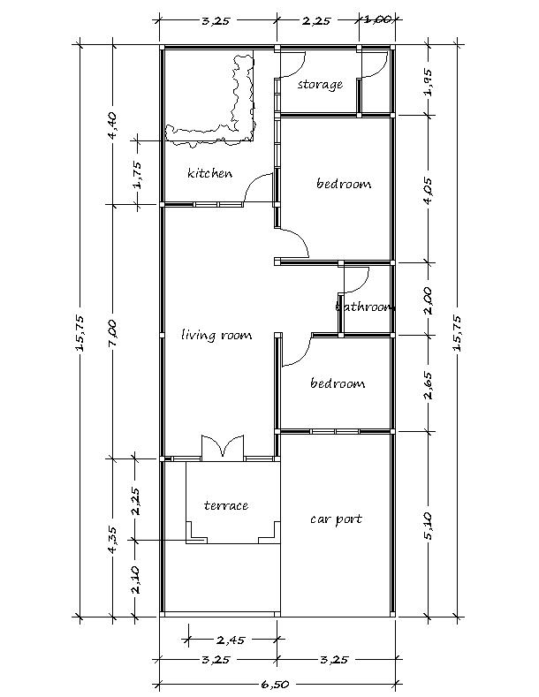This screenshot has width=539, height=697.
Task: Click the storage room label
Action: [320, 84]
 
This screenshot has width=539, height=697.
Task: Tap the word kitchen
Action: [210, 172]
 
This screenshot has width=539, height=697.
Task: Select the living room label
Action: [216, 335]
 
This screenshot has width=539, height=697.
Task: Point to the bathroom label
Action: [365, 307]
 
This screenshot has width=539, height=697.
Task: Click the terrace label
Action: [226, 505]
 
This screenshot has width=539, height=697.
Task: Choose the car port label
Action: [336, 519]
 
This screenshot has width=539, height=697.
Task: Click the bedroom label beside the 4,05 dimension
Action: [344, 183]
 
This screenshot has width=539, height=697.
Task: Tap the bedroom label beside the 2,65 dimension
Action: [338, 383]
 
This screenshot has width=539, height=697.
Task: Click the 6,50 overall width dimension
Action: [275, 684]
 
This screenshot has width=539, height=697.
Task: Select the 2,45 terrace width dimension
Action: [231, 640]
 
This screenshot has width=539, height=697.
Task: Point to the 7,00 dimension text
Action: [112, 333]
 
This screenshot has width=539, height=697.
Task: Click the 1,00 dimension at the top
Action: [378, 19]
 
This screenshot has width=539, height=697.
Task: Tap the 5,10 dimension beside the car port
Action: [428, 526]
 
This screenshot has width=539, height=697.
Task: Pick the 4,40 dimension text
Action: [112, 125]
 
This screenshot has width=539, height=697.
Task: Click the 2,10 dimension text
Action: [136, 580]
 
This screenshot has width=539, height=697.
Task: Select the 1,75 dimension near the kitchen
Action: [138, 175]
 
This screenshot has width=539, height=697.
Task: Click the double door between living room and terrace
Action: [223, 447]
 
